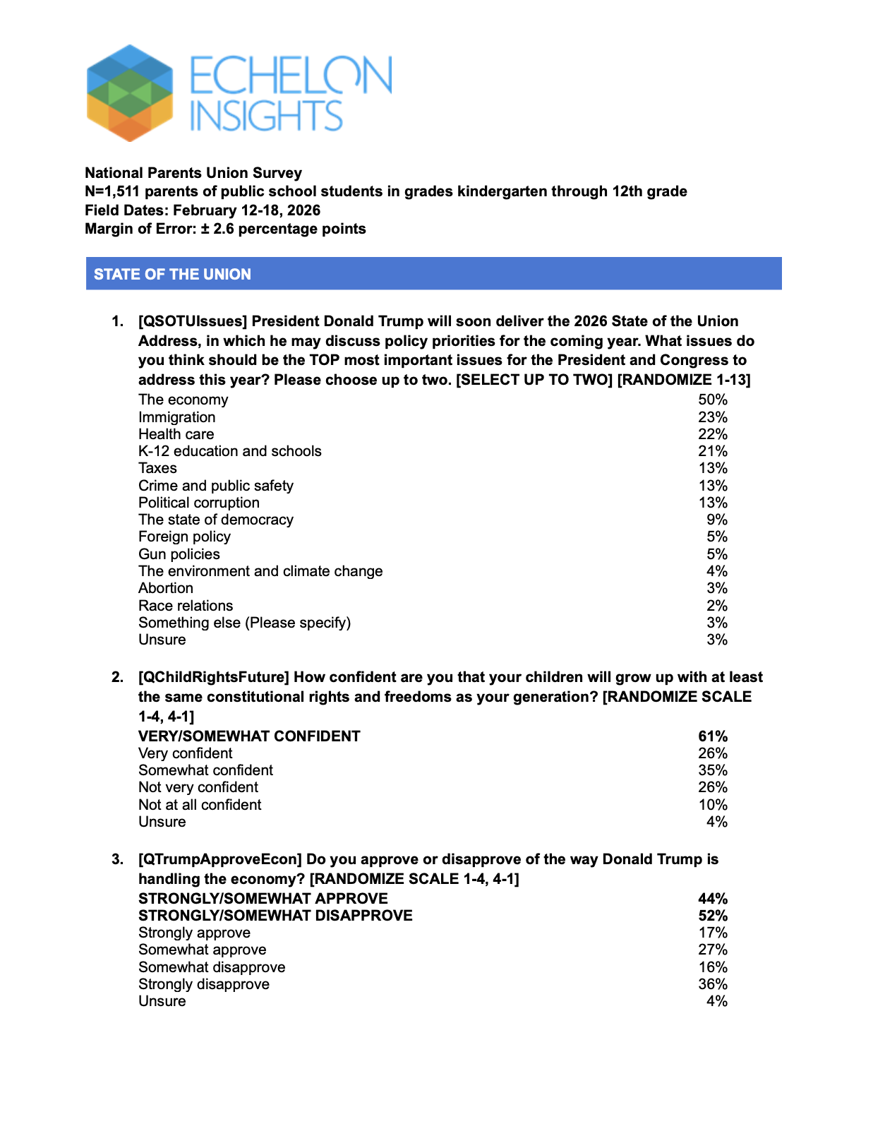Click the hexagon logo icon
pyautogui.click(x=130, y=92)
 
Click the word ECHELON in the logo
pyautogui.click(x=290, y=76)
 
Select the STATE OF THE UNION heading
pyautogui.click(x=172, y=274)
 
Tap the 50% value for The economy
pyautogui.click(x=712, y=400)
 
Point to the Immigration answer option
pyautogui.click(x=176, y=417)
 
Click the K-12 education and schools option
pyautogui.click(x=229, y=451)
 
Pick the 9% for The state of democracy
pyautogui.click(x=716, y=520)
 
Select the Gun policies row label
pyautogui.click(x=179, y=554)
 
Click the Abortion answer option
pyautogui.click(x=165, y=588)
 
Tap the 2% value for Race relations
pyautogui.click(x=716, y=606)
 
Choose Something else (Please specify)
pyautogui.click(x=244, y=623)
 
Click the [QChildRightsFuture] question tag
pyautogui.click(x=213, y=677)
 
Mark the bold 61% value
pyautogui.click(x=712, y=736)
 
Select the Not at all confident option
pyautogui.click(x=200, y=805)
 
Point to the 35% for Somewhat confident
pyautogui.click(x=712, y=770)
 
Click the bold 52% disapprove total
pyautogui.click(x=712, y=916)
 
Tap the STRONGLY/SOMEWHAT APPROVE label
pyautogui.click(x=263, y=899)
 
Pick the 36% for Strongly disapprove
pyautogui.click(x=712, y=984)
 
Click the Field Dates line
pyautogui.click(x=203, y=210)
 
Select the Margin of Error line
pyautogui.click(x=225, y=229)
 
